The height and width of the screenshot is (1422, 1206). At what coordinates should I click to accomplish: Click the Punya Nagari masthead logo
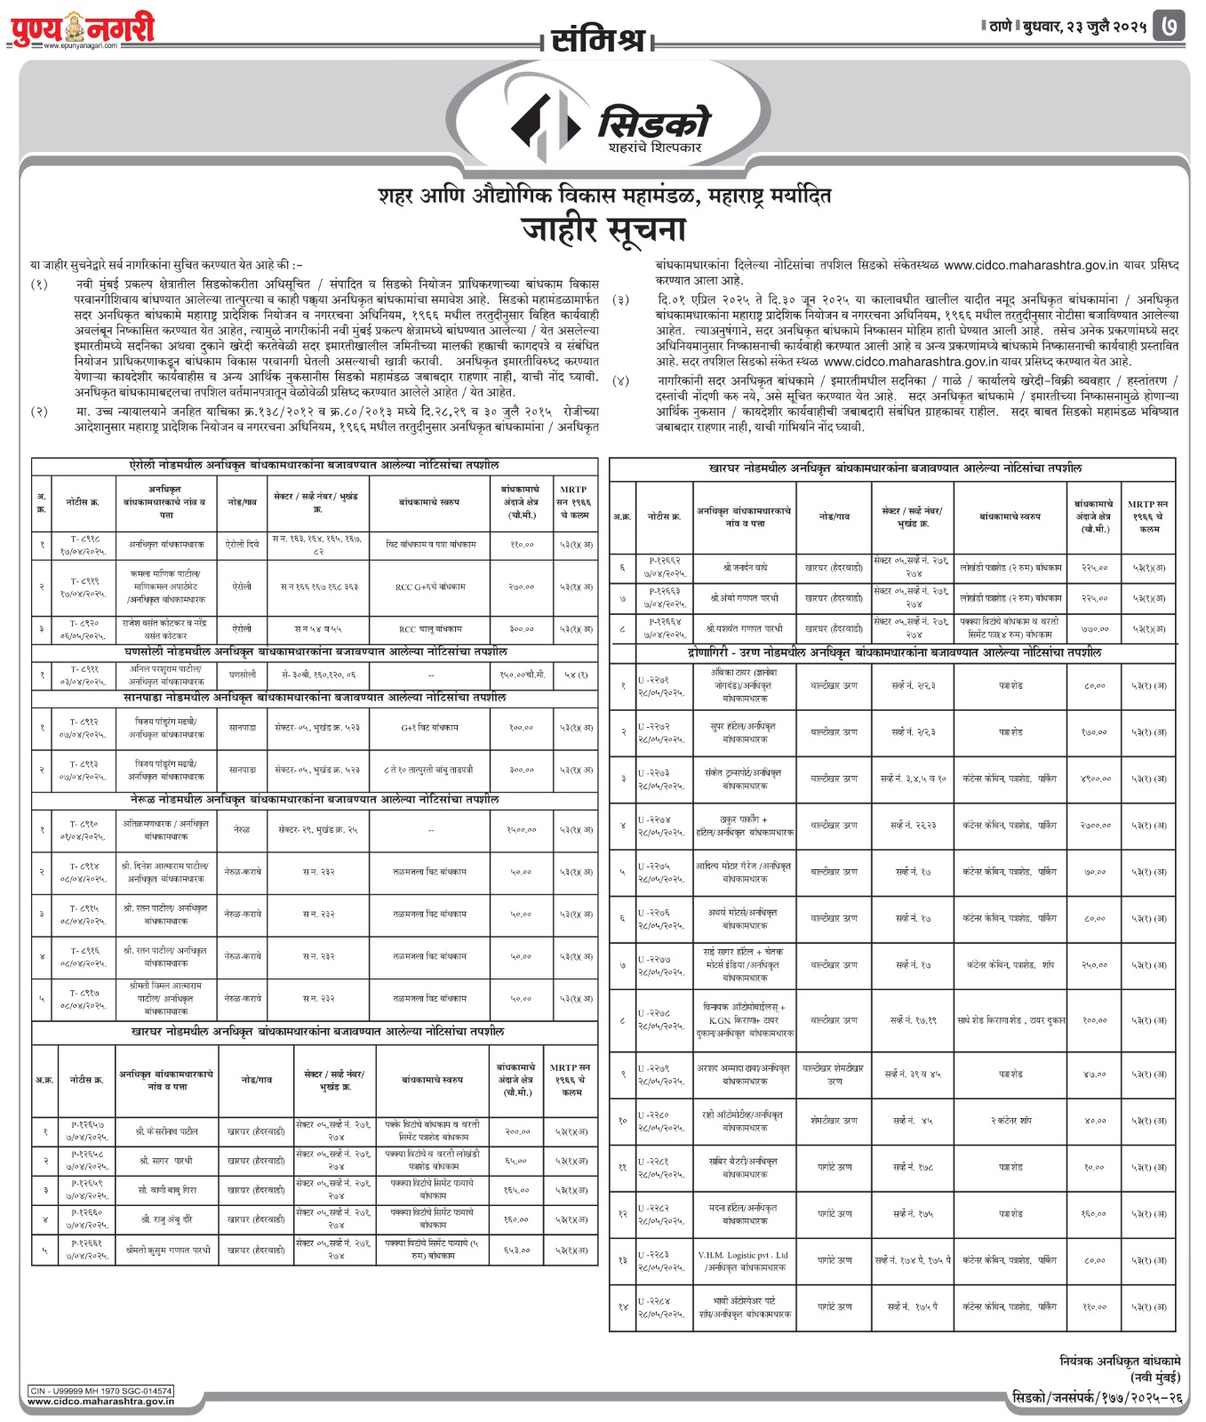coord(83,28)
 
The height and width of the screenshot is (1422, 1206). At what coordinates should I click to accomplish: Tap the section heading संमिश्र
coord(596,40)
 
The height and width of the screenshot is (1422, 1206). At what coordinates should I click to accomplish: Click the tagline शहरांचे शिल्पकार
coord(654,146)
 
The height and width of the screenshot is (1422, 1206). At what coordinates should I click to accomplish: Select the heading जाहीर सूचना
coord(603,229)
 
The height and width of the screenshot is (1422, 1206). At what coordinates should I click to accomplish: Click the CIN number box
coord(100,1390)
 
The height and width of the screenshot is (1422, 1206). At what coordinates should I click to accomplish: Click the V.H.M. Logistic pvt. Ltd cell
coord(743,1260)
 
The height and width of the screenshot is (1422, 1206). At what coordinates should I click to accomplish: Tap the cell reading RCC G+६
coord(431,587)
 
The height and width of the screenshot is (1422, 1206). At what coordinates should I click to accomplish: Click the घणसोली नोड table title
coord(315,651)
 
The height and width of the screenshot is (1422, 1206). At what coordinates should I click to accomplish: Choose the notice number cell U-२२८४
coord(660,1306)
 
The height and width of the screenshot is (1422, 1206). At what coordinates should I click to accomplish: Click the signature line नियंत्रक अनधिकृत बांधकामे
coord(1120,1361)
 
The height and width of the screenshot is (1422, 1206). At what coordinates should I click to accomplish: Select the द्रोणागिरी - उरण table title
coord(892,652)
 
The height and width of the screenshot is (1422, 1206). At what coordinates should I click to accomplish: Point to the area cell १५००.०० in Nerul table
coord(521,829)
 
